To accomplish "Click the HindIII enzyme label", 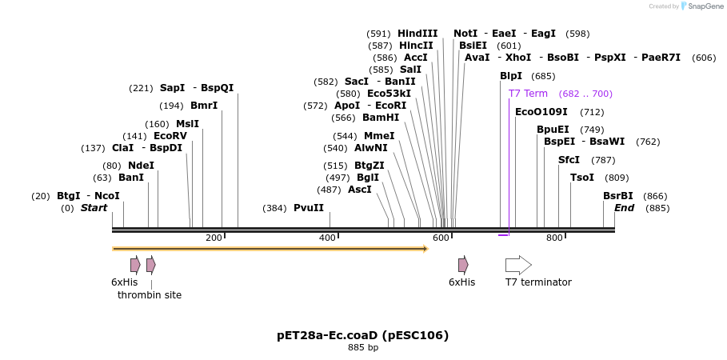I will pyautogui.click(x=417, y=34).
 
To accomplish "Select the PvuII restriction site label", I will pyautogui.click(x=309, y=208).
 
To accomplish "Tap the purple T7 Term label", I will pyautogui.click(x=528, y=94).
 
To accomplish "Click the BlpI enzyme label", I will pyautogui.click(x=511, y=76).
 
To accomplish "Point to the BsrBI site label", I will pyautogui.click(x=617, y=196).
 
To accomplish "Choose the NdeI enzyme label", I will pyautogui.click(x=141, y=166).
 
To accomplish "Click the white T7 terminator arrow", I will pyautogui.click(x=518, y=265).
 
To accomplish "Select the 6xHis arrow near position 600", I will pyautogui.click(x=463, y=265).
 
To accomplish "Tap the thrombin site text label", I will pyautogui.click(x=150, y=295).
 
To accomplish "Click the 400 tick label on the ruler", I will pyautogui.click(x=327, y=238).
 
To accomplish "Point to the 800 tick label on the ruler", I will pyautogui.click(x=554, y=238).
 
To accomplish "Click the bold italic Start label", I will pyautogui.click(x=94, y=208).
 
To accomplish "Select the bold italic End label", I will pyautogui.click(x=625, y=208).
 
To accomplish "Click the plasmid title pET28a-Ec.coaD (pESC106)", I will pyautogui.click(x=363, y=335).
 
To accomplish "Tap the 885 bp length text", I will pyautogui.click(x=363, y=348).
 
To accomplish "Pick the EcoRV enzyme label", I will pyautogui.click(x=170, y=136).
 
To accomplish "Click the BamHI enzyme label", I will pyautogui.click(x=381, y=118).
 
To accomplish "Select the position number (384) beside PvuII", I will pyautogui.click(x=274, y=209).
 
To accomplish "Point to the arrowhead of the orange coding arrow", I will pyautogui.click(x=425, y=249).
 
